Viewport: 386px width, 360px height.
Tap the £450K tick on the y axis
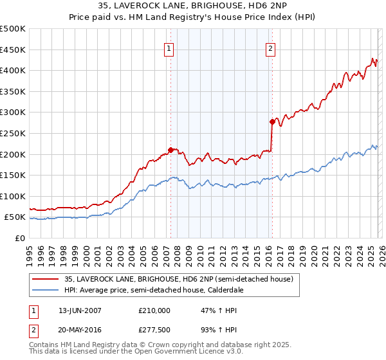14,50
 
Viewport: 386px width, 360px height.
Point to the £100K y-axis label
14,196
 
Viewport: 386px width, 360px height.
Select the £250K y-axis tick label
14,133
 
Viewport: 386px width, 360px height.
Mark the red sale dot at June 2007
170,150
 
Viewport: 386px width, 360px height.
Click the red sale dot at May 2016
272,122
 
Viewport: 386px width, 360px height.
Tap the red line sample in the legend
46,279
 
